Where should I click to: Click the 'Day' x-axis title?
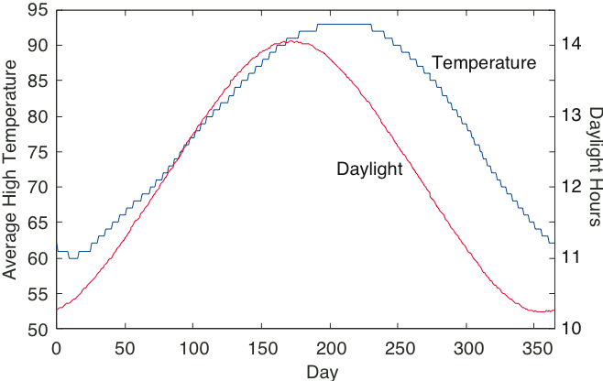[x=323, y=371]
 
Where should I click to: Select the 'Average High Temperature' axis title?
[x=11, y=169]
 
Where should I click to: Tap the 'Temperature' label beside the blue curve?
[x=483, y=63]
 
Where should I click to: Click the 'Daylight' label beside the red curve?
[x=369, y=169]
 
